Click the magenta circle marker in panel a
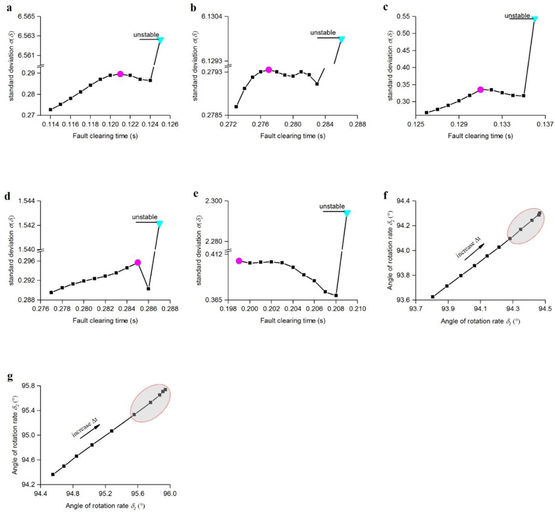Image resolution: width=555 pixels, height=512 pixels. pos(120,74)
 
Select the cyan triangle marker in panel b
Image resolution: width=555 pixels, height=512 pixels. pos(341,39)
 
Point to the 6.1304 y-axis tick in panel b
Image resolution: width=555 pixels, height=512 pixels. pos(211,16)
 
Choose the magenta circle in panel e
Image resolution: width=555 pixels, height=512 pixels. pos(239,261)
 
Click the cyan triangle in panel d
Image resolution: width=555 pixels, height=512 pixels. pos(160,223)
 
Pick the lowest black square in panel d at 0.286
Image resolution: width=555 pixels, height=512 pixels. pos(149,289)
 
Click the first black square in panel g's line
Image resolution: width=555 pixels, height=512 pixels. pos(53,474)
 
